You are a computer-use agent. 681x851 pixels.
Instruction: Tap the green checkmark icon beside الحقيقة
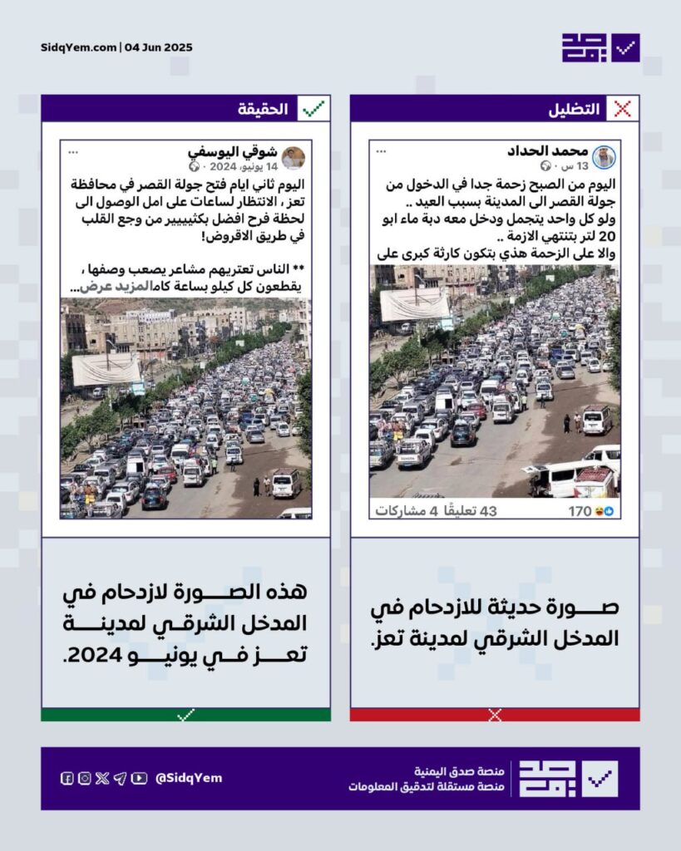click(x=313, y=109)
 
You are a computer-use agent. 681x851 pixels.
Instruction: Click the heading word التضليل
click(x=574, y=109)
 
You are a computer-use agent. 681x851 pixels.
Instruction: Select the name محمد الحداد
click(x=547, y=151)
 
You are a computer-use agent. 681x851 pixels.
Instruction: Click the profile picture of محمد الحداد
click(x=604, y=157)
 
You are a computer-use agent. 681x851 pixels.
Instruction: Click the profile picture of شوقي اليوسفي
click(x=294, y=157)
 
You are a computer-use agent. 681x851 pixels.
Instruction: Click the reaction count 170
click(x=580, y=511)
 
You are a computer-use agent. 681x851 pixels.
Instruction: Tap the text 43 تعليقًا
click(x=471, y=511)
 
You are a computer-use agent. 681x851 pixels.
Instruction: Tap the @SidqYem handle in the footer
click(x=189, y=778)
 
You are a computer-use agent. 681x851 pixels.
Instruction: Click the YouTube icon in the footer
click(x=139, y=778)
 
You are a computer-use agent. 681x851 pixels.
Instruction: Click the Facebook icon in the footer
click(x=67, y=778)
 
